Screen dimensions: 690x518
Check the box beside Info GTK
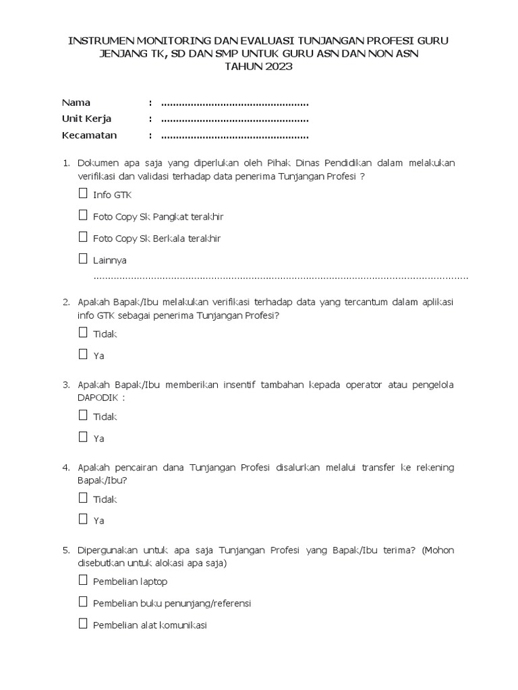click(x=83, y=194)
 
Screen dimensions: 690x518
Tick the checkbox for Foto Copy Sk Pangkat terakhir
click(x=83, y=216)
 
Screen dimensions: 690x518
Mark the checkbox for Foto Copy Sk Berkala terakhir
click(x=83, y=237)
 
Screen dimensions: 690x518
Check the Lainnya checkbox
click(x=83, y=259)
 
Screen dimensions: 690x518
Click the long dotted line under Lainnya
click(x=281, y=277)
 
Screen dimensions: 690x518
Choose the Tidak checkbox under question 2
click(x=83, y=332)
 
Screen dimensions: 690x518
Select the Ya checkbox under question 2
click(x=83, y=354)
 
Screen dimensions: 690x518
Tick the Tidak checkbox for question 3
click(x=83, y=415)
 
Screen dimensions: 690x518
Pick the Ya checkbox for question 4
click(x=83, y=519)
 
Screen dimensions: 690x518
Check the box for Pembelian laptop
click(x=83, y=580)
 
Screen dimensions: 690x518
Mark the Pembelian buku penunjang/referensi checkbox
click(x=83, y=602)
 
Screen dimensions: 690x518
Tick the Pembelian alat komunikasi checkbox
click(x=83, y=623)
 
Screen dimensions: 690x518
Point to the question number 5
click(x=66, y=551)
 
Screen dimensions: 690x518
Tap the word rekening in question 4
click(x=433, y=468)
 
